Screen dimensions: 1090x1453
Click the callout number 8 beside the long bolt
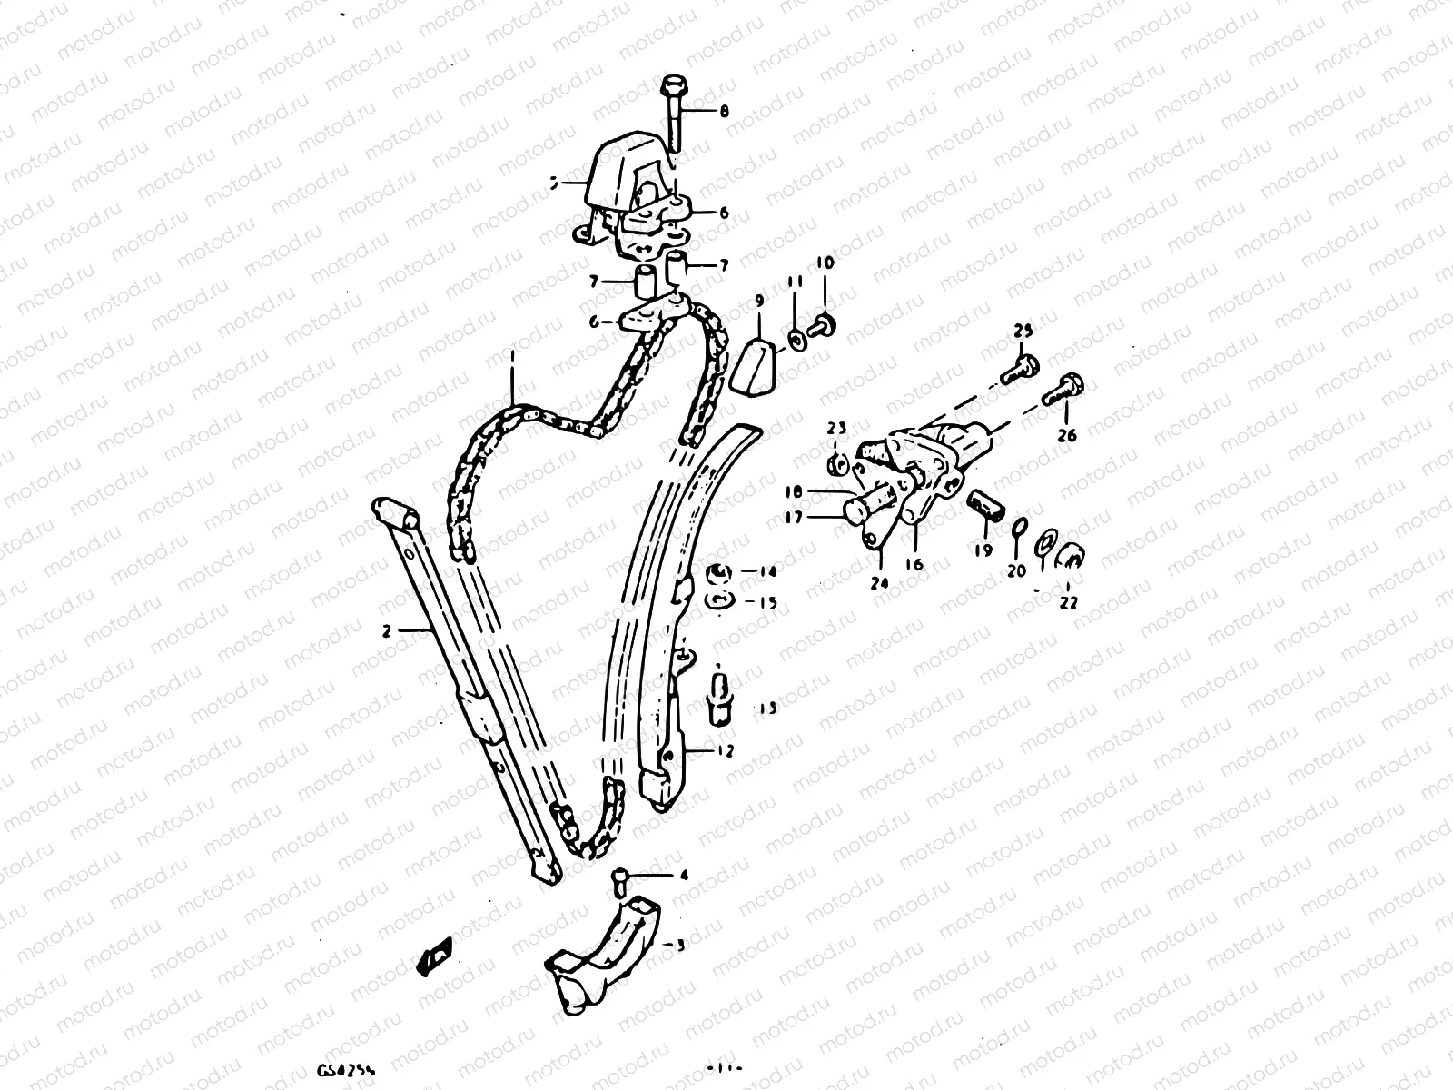pos(724,112)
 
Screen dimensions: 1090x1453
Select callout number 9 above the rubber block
pos(758,301)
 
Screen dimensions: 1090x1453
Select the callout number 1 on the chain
pos(512,361)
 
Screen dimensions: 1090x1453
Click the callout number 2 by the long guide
pos(386,629)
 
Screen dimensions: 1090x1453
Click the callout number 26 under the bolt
pos(1067,436)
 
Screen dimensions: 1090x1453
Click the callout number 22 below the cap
pos(1068,601)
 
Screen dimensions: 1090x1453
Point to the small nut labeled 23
pos(837,465)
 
